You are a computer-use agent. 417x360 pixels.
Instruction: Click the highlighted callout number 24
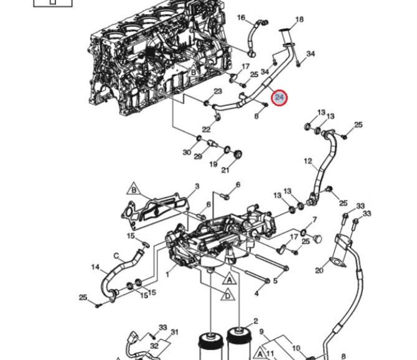pyautogui.click(x=279, y=97)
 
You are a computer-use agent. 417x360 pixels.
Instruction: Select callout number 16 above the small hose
pyautogui.click(x=241, y=17)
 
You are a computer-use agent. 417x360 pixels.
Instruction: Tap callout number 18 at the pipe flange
pyautogui.click(x=299, y=20)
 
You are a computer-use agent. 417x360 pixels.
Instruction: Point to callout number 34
pyautogui.click(x=311, y=54)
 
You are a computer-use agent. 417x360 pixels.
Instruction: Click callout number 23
pyautogui.click(x=217, y=92)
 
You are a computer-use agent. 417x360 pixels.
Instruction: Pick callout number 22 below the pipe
pyautogui.click(x=206, y=129)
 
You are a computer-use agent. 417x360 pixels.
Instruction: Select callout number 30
pyautogui.click(x=187, y=152)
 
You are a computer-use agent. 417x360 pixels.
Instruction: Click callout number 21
pyautogui.click(x=225, y=170)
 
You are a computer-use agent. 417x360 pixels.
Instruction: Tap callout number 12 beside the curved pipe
pyautogui.click(x=307, y=161)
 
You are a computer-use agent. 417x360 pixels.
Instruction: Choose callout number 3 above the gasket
pyautogui.click(x=197, y=186)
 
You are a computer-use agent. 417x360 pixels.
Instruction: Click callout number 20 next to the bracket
pyautogui.click(x=319, y=270)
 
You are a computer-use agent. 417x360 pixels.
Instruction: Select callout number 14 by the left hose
pyautogui.click(x=95, y=268)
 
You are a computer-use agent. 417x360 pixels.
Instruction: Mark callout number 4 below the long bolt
pyautogui.click(x=256, y=293)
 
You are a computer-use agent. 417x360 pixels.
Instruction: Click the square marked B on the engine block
pyautogui.click(x=193, y=73)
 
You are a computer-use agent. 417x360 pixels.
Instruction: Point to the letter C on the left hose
pyautogui.click(x=116, y=254)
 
